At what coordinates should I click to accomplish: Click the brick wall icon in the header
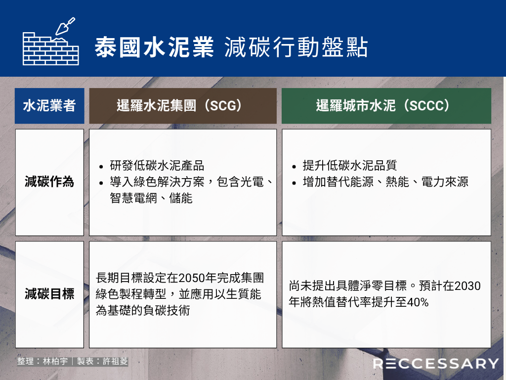click(51, 49)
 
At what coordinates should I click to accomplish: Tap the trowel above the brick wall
click(65, 26)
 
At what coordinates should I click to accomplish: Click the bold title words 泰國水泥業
click(154, 47)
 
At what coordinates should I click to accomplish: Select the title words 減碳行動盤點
click(296, 47)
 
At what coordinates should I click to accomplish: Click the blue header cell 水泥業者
click(49, 106)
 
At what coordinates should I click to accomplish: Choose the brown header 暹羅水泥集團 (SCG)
click(183, 106)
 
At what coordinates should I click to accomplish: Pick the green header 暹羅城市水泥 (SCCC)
click(386, 106)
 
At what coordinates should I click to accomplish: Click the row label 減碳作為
click(49, 182)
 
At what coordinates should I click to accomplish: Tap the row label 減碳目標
click(49, 294)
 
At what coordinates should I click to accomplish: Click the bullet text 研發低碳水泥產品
click(157, 165)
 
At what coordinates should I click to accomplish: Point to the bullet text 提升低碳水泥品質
click(350, 165)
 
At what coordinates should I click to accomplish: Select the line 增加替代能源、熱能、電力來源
click(385, 182)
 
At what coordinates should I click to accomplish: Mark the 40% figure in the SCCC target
click(418, 302)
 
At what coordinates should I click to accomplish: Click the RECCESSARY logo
click(436, 364)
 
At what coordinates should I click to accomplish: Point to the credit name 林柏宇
click(55, 361)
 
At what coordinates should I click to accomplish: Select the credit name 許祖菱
click(115, 361)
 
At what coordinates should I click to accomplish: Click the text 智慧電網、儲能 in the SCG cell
click(151, 198)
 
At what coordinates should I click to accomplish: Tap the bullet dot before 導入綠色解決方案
click(101, 183)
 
